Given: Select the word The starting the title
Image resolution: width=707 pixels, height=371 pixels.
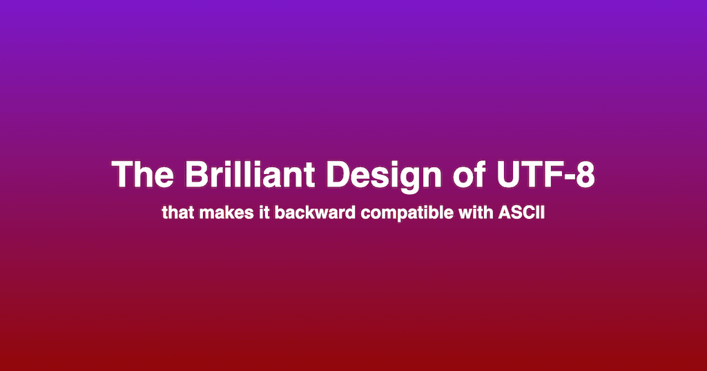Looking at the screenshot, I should tap(142, 175).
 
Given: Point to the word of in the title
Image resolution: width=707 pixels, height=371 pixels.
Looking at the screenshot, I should tap(469, 175).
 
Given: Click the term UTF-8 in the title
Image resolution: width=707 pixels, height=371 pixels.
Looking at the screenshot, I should tap(545, 175).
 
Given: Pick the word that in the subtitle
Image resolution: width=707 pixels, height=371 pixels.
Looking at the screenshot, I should tap(178, 213).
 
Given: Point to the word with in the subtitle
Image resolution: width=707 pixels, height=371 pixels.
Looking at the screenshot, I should tap(476, 213).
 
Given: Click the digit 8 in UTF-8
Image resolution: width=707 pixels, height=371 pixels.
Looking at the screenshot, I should tap(585, 175).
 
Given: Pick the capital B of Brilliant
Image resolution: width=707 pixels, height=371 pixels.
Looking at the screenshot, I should tap(195, 175).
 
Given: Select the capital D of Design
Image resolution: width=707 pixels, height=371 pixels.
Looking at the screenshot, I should tap(338, 175).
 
